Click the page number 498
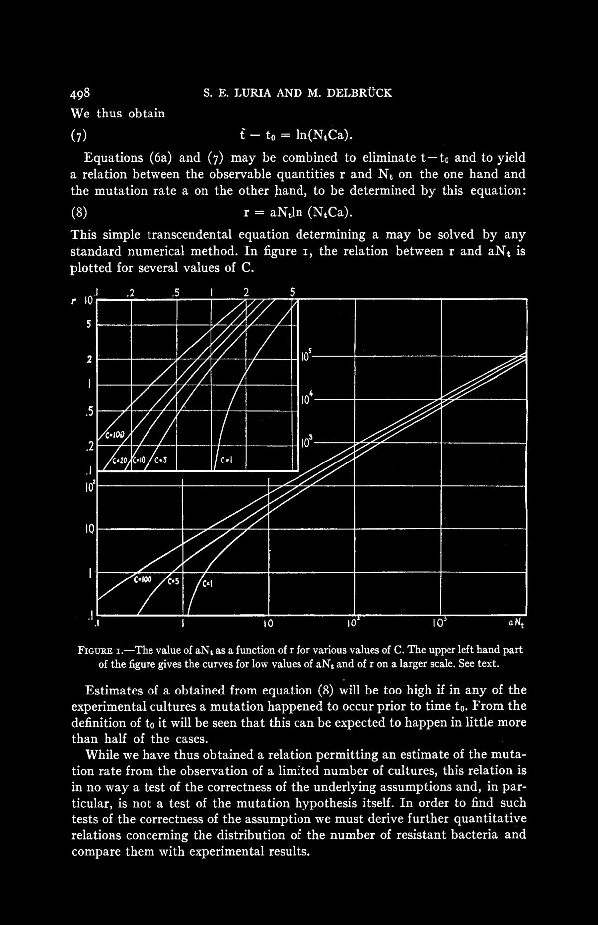pyautogui.click(x=80, y=93)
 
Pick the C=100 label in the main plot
pyautogui.click(x=145, y=579)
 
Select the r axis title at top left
pyautogui.click(x=74, y=301)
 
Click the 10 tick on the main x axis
pyautogui.click(x=268, y=622)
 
